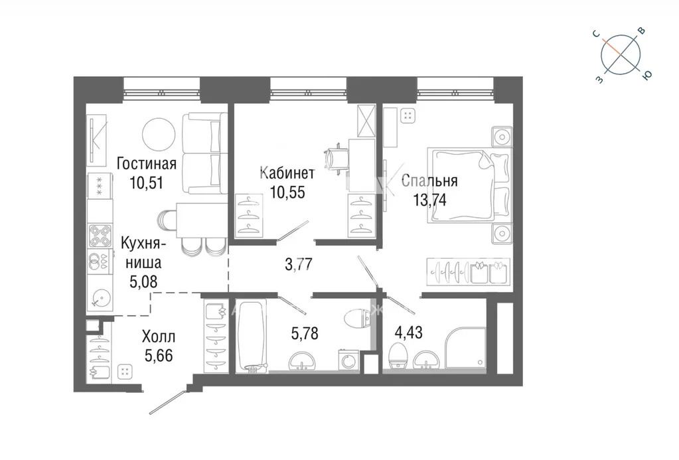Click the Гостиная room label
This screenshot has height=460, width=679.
pyautogui.click(x=147, y=164)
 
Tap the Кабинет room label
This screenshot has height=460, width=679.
pyautogui.click(x=287, y=173)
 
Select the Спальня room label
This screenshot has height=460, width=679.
pyautogui.click(x=429, y=181)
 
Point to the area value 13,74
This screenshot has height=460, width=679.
pyautogui.click(x=429, y=200)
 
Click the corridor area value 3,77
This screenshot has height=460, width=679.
pyautogui.click(x=299, y=264)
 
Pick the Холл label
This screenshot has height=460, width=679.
pyautogui.click(x=159, y=336)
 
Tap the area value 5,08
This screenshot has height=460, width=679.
pyautogui.click(x=143, y=281)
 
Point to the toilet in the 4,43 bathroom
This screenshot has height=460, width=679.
pyautogui.click(x=399, y=356)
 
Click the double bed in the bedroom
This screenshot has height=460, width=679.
pyautogui.click(x=468, y=185)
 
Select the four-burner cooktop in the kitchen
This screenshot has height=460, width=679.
pyautogui.click(x=100, y=236)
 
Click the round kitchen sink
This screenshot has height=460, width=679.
pyautogui.click(x=100, y=298)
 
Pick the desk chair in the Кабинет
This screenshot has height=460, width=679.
pyautogui.click(x=337, y=159)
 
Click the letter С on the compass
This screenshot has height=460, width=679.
pyautogui.click(x=596, y=35)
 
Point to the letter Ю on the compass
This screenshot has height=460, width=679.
pyautogui.click(x=647, y=76)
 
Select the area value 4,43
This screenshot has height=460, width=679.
pyautogui.click(x=408, y=333)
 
